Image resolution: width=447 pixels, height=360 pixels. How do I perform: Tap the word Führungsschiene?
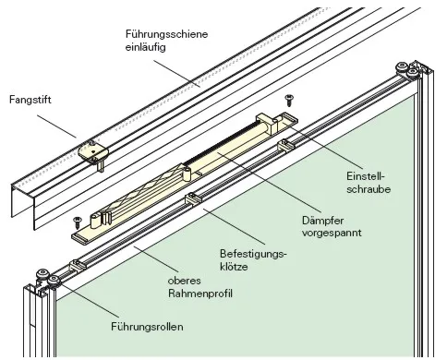[x=167, y=34]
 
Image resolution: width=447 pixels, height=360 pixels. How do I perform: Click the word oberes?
[x=187, y=281]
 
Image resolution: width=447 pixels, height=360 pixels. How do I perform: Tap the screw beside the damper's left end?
[x=77, y=221]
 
